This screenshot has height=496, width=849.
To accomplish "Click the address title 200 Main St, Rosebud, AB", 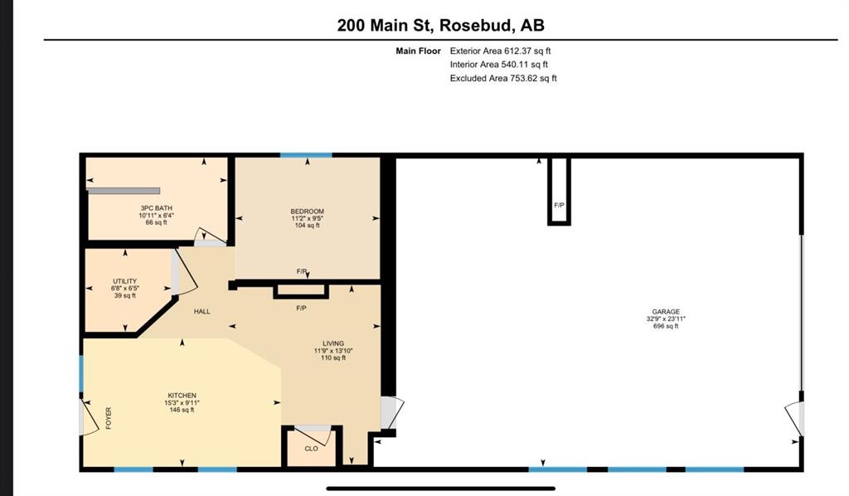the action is (x=441, y=26).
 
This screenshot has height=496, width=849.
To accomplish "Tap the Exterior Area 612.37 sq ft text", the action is (x=500, y=51).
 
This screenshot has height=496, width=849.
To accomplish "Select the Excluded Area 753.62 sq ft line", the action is (x=503, y=78).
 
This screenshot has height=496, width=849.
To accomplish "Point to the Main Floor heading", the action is (x=418, y=51).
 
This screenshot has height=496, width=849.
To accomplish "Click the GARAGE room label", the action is (x=666, y=312).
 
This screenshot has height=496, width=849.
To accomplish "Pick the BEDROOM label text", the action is (x=307, y=212).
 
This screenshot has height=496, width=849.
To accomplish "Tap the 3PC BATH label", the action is (x=157, y=208).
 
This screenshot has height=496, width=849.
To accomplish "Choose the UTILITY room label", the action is (x=124, y=281).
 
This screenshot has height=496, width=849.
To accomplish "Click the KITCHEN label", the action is (x=182, y=396).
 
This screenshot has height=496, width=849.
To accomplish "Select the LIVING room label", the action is (x=333, y=343).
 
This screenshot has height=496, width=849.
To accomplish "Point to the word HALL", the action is (x=202, y=311).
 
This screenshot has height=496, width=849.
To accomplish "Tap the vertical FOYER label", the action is (x=109, y=418).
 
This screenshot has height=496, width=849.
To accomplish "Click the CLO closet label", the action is (x=312, y=449).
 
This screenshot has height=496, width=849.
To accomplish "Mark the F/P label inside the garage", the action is (x=560, y=205).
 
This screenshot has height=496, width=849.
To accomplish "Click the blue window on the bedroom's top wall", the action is (x=306, y=155).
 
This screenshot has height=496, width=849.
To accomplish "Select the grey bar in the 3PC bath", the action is (x=124, y=191).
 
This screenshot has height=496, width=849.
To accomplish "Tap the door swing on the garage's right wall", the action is (x=795, y=419).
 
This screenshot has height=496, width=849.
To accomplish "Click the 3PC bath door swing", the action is (x=211, y=236).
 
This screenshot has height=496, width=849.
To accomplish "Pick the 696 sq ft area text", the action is (x=666, y=326).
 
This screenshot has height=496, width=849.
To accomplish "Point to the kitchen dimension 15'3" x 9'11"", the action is (x=182, y=403).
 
